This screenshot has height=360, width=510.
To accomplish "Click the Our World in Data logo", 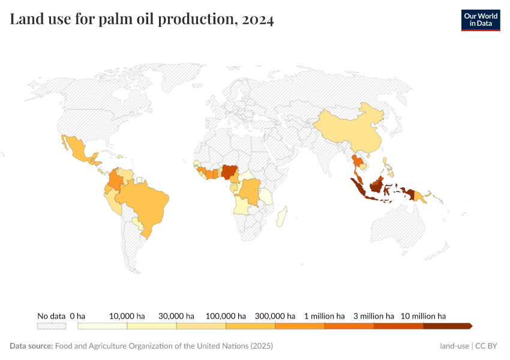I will [480, 20].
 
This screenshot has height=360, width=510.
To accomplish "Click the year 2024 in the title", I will [259, 20].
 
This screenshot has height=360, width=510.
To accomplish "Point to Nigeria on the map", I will [230, 172].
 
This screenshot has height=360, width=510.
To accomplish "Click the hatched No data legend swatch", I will [51, 326].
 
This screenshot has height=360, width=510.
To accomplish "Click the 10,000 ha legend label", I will [127, 316].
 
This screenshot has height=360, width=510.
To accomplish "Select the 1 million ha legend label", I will [324, 316].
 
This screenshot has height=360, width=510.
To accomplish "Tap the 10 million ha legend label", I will [423, 316].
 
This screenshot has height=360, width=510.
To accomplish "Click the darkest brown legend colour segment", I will [447, 326].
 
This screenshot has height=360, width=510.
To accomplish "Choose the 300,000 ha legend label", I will [275, 316].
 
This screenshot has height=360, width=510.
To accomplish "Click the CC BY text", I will [487, 346].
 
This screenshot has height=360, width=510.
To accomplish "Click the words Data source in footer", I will [31, 346].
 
